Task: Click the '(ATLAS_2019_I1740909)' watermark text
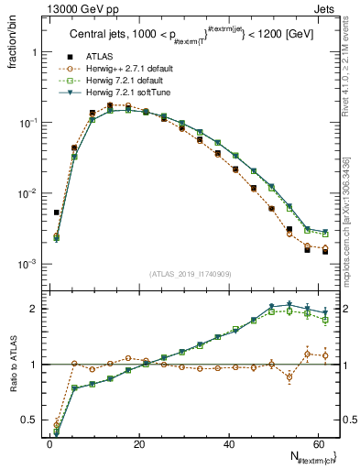pos(191,273)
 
